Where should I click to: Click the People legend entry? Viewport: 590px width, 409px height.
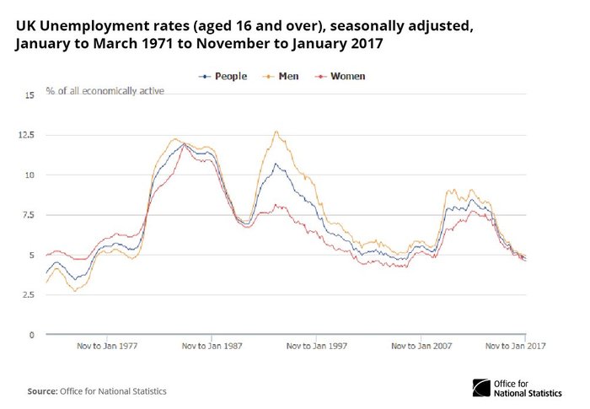(223, 76)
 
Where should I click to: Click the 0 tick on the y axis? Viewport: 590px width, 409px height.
(31, 335)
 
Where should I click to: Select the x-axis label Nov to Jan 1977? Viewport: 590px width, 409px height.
(108, 345)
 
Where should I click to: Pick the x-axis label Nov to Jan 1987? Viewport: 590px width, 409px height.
(212, 345)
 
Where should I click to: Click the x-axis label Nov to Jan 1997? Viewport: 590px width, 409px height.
(317, 345)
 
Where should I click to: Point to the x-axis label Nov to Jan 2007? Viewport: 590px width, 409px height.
(421, 345)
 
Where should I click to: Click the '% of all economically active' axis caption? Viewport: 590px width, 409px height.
(105, 89)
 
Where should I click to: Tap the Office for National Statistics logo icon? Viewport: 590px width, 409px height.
(483, 388)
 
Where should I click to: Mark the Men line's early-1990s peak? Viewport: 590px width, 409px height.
(275, 132)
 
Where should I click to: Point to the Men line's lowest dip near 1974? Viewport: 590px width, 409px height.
(75, 291)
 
